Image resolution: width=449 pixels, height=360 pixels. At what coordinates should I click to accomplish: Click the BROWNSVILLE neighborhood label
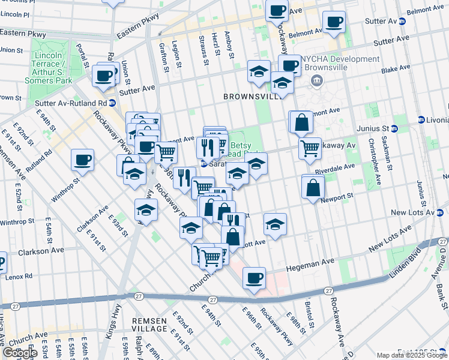click(251, 96)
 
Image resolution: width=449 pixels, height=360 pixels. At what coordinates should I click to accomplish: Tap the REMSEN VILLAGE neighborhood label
click(149, 325)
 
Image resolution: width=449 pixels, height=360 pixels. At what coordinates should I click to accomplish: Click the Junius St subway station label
click(375, 128)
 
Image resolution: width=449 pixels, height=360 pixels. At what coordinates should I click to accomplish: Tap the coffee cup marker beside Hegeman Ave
click(255, 278)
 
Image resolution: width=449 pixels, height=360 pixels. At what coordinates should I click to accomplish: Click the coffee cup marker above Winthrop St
click(82, 160)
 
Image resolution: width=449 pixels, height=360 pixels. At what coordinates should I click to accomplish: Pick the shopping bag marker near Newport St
click(313, 187)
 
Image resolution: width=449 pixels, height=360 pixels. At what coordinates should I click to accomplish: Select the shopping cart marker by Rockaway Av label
click(310, 147)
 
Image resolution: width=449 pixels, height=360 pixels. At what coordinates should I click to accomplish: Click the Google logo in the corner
click(20, 353)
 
